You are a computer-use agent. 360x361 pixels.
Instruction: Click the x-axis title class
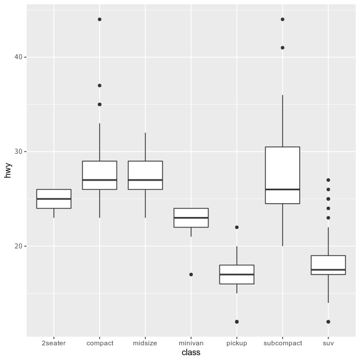click(191, 352)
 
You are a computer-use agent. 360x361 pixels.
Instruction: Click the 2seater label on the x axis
click(54, 343)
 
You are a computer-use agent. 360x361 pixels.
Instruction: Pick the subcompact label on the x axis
click(283, 343)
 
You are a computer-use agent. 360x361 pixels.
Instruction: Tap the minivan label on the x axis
click(191, 343)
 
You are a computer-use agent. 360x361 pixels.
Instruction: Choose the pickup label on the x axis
click(237, 343)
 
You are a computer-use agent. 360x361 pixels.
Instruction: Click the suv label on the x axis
click(329, 343)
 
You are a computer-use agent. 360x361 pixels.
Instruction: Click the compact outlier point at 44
click(99, 19)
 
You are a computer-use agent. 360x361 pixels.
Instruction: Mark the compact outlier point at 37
click(99, 85)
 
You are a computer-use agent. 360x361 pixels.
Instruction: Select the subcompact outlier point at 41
click(283, 48)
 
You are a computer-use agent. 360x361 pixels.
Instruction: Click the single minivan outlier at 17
click(191, 275)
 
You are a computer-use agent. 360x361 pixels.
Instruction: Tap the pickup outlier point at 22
click(237, 227)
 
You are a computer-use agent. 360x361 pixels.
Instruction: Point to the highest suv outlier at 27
click(329, 180)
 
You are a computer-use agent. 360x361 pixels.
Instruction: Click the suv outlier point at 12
click(329, 322)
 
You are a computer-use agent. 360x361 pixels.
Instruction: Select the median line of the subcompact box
click(283, 189)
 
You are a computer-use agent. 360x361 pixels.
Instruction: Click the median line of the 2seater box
click(54, 198)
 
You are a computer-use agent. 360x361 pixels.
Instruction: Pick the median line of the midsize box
click(145, 180)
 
